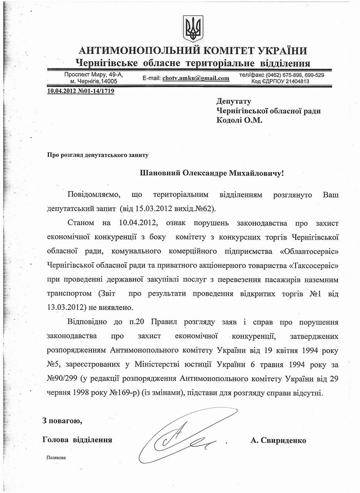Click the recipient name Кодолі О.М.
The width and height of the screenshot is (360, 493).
[239, 120]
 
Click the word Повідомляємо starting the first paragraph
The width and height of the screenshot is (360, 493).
[100, 196]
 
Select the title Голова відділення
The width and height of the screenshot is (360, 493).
[78, 440]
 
